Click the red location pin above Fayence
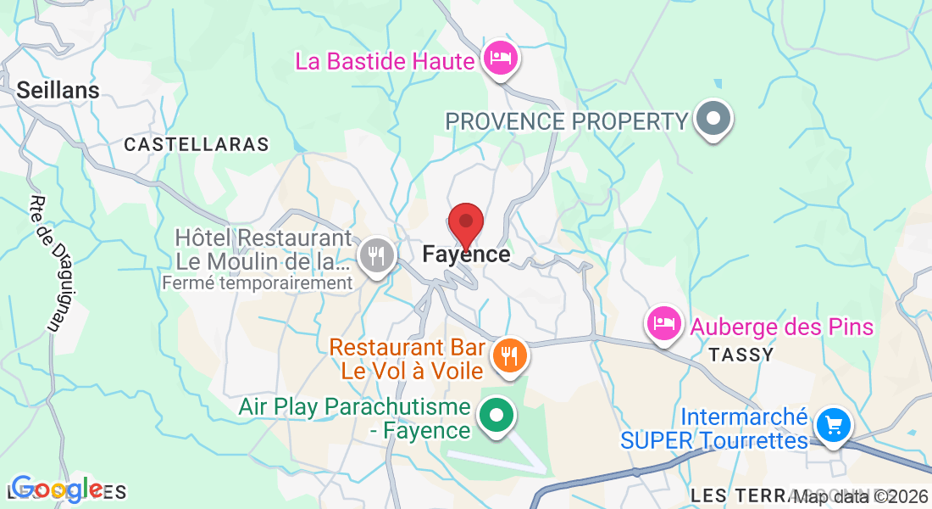[466, 224]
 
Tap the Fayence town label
[466, 255]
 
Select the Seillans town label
[58, 90]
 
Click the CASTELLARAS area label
[197, 145]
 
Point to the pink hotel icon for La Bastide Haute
[501, 59]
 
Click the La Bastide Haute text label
[384, 61]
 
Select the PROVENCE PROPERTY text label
[567, 121]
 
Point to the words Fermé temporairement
[257, 283]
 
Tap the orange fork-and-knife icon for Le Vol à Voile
[508, 354]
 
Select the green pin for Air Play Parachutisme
[497, 416]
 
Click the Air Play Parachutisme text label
[354, 418]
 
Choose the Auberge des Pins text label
[781, 327]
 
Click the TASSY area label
[742, 355]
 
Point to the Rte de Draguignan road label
[47, 263]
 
